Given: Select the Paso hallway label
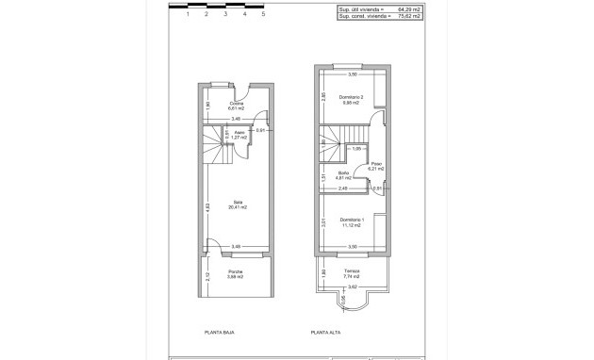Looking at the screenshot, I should (376, 164).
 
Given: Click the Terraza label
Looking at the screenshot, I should (352, 271).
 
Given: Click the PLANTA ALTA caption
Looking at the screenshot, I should (326, 333).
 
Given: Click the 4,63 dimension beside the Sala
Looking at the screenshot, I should (206, 205).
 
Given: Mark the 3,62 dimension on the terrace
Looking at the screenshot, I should (353, 286).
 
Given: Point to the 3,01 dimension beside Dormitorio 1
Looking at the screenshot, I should (323, 222).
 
